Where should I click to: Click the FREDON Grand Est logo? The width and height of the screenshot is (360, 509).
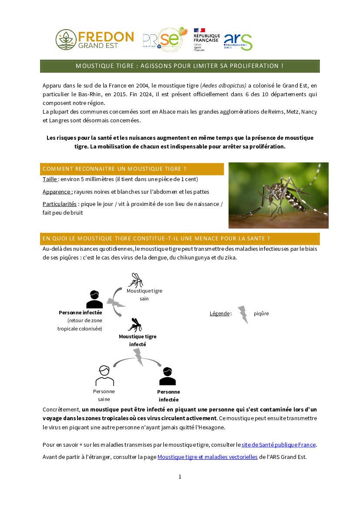(x=95, y=40)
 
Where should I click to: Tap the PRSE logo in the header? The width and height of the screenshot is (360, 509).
(x=165, y=40)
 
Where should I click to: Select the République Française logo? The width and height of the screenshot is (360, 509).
(x=206, y=40)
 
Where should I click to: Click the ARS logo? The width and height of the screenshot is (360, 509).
(x=238, y=42)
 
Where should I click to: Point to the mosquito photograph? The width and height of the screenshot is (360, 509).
(x=279, y=196)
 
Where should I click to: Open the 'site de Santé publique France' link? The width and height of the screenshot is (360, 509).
(x=279, y=445)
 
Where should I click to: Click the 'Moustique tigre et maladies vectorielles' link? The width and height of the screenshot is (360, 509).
(x=208, y=457)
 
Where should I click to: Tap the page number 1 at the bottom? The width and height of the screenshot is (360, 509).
(x=180, y=476)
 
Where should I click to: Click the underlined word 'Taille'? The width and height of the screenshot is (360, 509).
(x=50, y=179)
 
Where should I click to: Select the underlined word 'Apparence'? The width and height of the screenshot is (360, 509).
(x=57, y=192)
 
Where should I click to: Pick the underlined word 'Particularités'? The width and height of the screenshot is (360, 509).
(x=59, y=204)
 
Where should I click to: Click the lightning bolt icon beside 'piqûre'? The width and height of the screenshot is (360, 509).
(x=243, y=314)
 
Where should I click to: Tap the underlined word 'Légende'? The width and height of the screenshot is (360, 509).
(x=220, y=313)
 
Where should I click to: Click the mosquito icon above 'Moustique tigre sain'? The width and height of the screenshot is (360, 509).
(x=136, y=280)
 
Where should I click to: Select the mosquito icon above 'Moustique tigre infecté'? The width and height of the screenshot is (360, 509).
(x=135, y=325)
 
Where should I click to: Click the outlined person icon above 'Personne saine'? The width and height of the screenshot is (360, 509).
(x=104, y=376)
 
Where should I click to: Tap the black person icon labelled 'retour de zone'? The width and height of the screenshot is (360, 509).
(x=94, y=299)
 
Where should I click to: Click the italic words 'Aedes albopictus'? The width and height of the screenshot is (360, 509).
(x=224, y=86)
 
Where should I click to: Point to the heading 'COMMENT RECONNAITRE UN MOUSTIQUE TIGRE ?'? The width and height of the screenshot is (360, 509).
(x=114, y=169)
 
